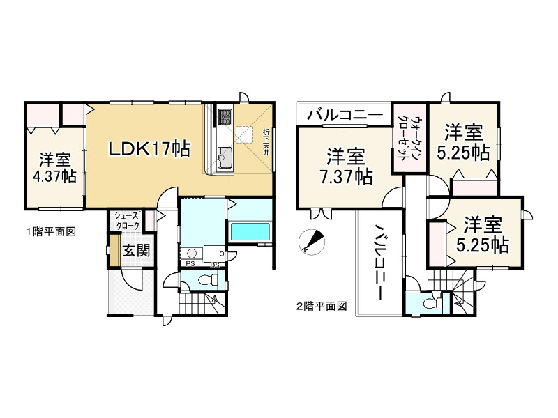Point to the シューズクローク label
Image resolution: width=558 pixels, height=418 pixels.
(x=127, y=222)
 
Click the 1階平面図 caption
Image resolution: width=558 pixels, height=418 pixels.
(x=50, y=231)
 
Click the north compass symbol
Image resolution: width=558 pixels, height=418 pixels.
(x=312, y=241)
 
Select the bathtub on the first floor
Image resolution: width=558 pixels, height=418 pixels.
(x=250, y=232)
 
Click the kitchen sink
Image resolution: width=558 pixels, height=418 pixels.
(x=225, y=154)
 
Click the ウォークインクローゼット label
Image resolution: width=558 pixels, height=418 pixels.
(x=403, y=139)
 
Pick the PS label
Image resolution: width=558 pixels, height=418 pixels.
(x=190, y=264)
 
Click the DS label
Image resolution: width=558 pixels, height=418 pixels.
(x=215, y=264)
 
